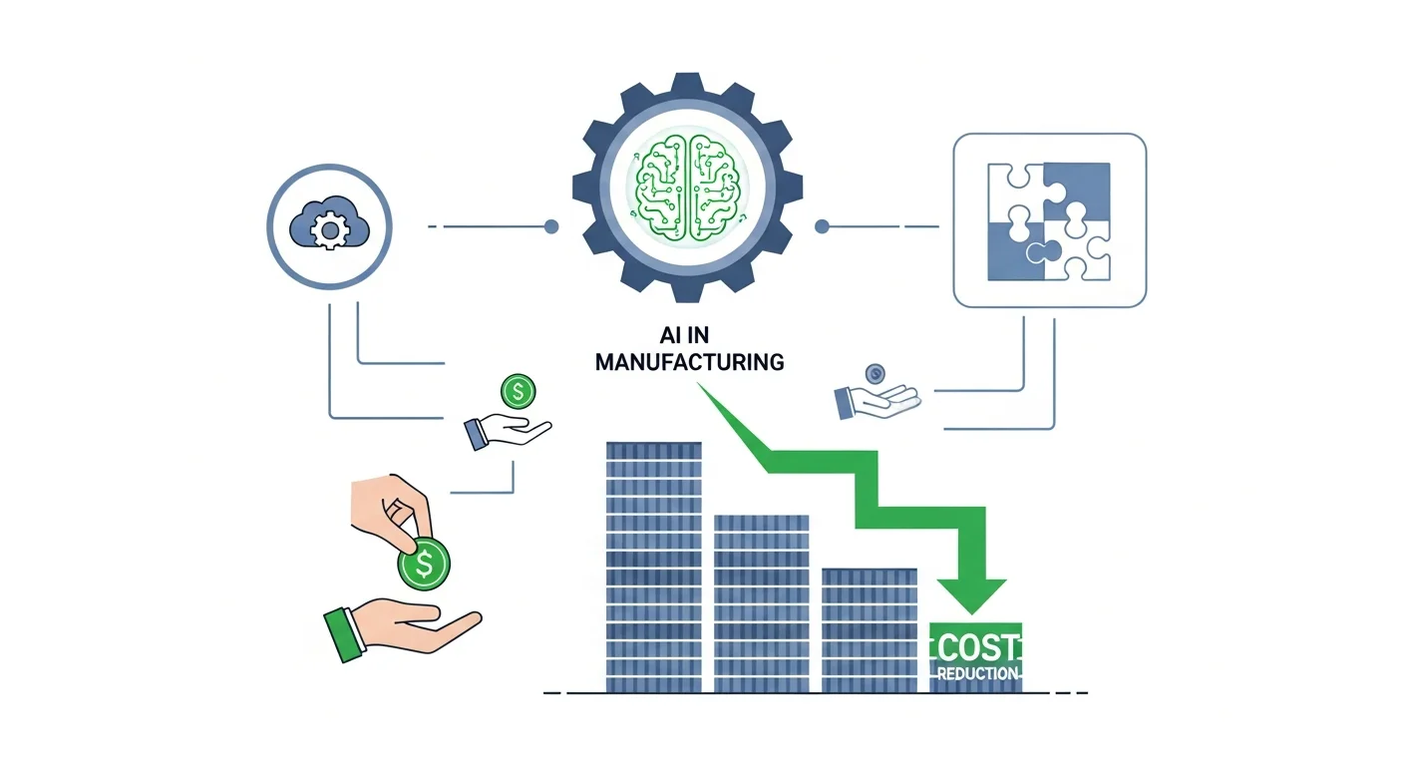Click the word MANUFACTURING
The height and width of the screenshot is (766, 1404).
click(x=689, y=361)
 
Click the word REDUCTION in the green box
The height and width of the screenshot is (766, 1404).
click(x=976, y=674)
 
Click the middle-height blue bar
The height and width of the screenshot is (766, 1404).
click(x=761, y=602)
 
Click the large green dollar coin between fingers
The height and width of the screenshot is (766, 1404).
click(x=424, y=566)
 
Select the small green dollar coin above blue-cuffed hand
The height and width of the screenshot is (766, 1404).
click(x=518, y=391)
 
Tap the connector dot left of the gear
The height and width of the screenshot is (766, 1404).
click(x=551, y=227)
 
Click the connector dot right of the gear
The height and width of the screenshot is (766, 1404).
click(x=822, y=227)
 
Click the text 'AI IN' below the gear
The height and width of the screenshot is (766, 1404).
click(x=688, y=335)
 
